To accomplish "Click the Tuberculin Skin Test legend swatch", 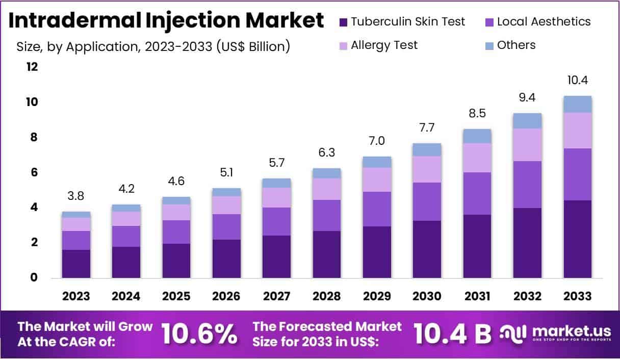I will click(343, 22).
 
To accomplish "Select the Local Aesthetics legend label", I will click(544, 21).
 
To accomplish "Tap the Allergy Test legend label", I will click(384, 45).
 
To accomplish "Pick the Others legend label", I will click(516, 45).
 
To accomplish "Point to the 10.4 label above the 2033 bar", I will click(578, 81).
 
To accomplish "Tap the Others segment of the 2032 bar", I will click(527, 121).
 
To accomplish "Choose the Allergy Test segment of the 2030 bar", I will click(427, 169).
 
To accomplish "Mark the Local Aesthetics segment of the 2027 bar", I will click(277, 221).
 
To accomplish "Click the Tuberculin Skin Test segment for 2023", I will click(76, 264).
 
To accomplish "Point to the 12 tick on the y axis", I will click(32, 67).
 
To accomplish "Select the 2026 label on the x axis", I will click(227, 296).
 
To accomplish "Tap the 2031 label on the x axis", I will click(477, 296).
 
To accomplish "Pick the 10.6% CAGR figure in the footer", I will click(199, 335).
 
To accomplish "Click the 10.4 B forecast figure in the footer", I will click(452, 335).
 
